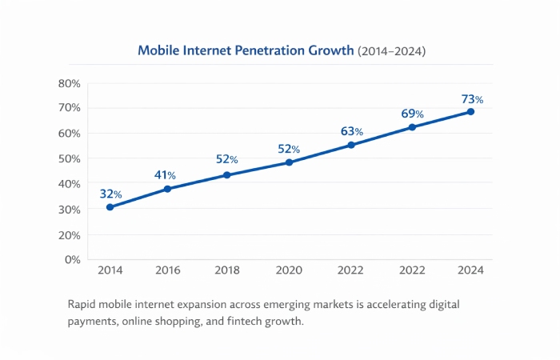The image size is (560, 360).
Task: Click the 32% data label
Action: (110, 194)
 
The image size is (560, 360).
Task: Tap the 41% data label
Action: (165, 175)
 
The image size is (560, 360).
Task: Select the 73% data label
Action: (472, 100)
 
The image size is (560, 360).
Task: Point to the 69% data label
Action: (412, 114)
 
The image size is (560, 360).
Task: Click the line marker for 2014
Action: (110, 207)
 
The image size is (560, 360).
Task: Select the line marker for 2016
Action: (167, 189)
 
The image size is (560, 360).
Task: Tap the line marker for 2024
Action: (470, 111)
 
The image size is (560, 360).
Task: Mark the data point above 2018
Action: (227, 174)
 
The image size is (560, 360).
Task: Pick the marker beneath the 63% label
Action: (350, 145)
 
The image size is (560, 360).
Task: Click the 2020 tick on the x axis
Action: (288, 270)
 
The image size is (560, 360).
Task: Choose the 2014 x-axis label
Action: (110, 270)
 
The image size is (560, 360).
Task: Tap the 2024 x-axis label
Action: (470, 270)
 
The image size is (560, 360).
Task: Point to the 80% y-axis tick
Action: (70, 83)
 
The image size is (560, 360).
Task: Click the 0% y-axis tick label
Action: (73, 259)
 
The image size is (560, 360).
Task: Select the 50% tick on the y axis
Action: (70, 158)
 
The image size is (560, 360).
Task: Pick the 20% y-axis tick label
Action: (70, 234)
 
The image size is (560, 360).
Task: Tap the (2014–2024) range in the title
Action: (391, 50)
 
